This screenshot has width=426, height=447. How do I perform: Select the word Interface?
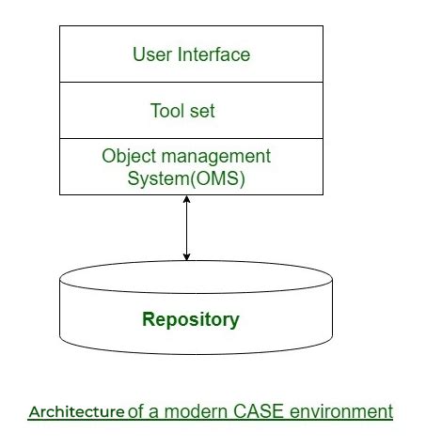213,54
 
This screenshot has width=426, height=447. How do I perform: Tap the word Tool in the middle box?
167,111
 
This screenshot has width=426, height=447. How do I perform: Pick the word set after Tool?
202,111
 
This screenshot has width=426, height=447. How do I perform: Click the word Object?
129,157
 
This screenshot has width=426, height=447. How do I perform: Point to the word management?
216,157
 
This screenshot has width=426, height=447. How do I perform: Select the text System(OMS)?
186,178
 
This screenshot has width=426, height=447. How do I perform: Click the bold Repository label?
191,320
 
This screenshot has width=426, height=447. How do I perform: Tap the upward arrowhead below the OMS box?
186,199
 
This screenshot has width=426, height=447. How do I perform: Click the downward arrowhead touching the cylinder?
186,256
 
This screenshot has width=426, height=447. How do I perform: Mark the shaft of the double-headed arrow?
186,228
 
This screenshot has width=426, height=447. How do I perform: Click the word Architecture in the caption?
77,411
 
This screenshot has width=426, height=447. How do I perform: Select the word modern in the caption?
196,411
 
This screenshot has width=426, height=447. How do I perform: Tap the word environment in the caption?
341,411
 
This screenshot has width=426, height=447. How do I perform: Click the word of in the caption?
135,411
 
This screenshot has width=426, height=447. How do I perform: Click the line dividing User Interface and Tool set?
191,82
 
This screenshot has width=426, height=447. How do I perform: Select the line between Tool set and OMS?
191,138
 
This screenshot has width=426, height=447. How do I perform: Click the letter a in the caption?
153,413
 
